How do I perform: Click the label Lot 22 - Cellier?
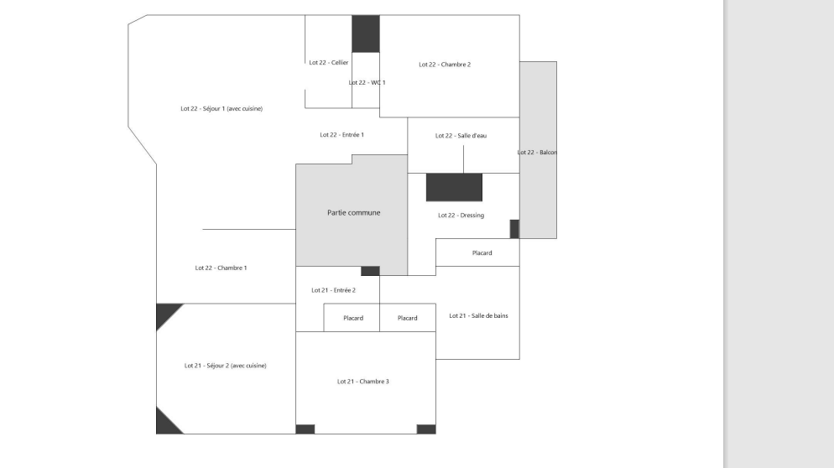[329, 63]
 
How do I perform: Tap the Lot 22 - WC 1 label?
[367, 83]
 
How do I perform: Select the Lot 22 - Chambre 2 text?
[445, 65]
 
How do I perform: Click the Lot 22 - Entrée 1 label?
[342, 135]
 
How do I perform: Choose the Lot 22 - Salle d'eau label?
[461, 136]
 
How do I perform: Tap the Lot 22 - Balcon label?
[537, 153]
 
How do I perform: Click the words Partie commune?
[354, 213]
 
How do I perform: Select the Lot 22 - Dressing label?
[461, 216]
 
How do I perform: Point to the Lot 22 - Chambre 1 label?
[221, 268]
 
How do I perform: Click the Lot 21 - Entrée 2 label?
[333, 290]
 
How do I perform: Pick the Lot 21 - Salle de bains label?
[479, 316]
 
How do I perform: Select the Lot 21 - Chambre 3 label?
[363, 382]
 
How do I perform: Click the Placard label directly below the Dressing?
[482, 253]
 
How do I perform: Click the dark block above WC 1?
[366, 34]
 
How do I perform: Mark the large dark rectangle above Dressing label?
[454, 187]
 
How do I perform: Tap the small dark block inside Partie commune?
[370, 271]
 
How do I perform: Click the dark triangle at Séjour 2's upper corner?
[165, 313]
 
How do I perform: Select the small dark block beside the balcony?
[514, 229]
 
